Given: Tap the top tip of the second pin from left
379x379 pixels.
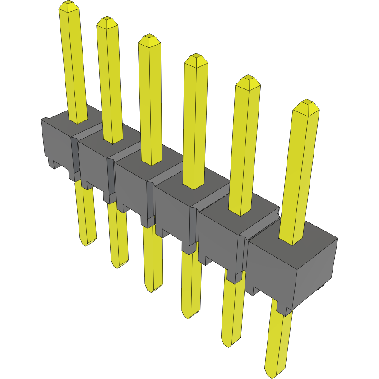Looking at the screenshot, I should (x=106, y=21).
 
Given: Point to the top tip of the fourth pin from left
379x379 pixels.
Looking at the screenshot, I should (x=196, y=57).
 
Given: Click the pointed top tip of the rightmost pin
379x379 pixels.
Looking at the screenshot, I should (x=306, y=103).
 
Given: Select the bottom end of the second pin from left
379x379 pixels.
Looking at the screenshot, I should (x=118, y=266).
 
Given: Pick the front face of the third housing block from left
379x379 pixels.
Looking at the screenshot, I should (x=131, y=189).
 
